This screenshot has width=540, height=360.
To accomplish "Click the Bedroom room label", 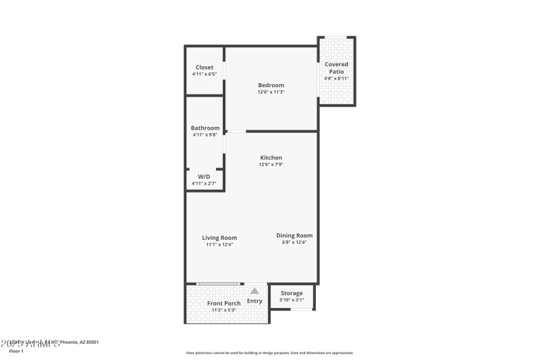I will click(271, 85).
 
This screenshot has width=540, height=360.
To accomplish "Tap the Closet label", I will click(205, 68).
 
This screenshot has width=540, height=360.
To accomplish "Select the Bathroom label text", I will click(205, 128).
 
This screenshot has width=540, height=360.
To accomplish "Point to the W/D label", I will click(204, 176).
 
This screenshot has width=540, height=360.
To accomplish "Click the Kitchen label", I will click(271, 157).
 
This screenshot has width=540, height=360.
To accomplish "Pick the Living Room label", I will click(219, 238).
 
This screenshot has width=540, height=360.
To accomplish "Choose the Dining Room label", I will click(294, 235).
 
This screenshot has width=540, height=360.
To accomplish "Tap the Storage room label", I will click(292, 293).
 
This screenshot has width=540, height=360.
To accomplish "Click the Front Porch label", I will click(223, 303).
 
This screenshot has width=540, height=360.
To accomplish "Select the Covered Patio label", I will click(336, 68).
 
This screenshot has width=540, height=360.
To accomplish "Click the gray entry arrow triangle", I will click(254, 290).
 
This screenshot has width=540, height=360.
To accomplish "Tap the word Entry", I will click(254, 301).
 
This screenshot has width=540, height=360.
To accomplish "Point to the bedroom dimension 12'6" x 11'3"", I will click(271, 93).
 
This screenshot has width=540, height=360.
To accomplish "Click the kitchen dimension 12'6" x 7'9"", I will click(271, 165).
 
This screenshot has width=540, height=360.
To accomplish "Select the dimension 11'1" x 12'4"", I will click(219, 245).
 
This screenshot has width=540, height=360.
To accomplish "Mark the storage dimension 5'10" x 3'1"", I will click(292, 300).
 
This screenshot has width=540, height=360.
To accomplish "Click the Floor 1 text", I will click(16, 351).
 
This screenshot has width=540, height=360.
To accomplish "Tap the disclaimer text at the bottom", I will click(269, 353).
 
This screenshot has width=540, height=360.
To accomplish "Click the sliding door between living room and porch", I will click(217, 284).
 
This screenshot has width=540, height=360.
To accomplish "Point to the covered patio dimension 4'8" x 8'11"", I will click(336, 78).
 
